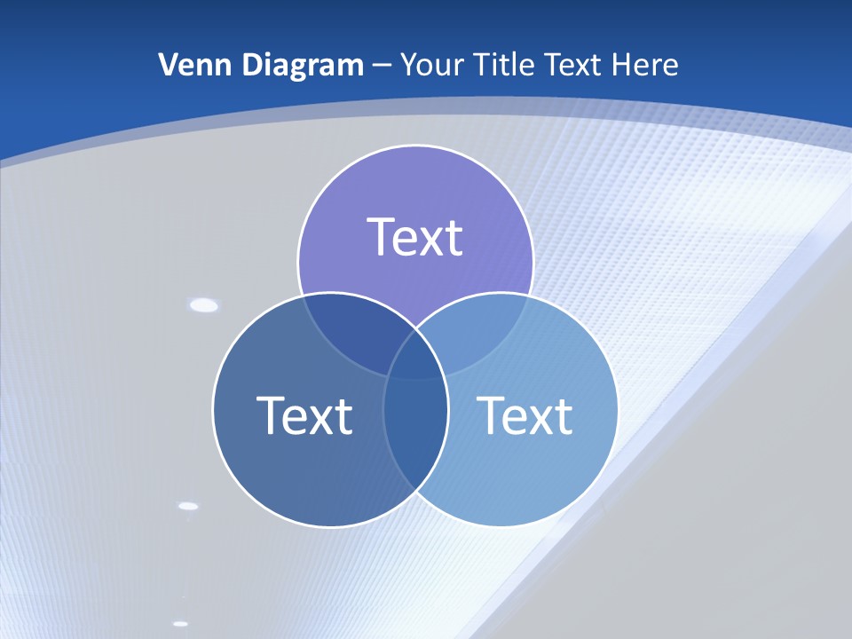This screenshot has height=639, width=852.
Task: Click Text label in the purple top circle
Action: pos(415,237)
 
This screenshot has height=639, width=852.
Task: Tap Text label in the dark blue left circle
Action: pos(304,414)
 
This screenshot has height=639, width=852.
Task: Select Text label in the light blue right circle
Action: pos(525,414)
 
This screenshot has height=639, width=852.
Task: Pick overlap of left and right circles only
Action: pos(415,435)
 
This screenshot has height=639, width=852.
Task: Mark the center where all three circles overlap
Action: pos(415,359)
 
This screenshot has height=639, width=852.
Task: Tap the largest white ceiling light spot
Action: pos(204,305)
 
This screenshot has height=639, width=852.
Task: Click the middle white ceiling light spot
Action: pos(188,506)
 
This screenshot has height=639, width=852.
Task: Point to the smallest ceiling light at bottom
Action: pos(181,623)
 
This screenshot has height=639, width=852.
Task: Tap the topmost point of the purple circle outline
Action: pos(415,146)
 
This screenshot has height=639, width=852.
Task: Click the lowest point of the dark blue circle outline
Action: pos(330,526)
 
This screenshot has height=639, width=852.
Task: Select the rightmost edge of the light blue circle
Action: pos(618,409)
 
